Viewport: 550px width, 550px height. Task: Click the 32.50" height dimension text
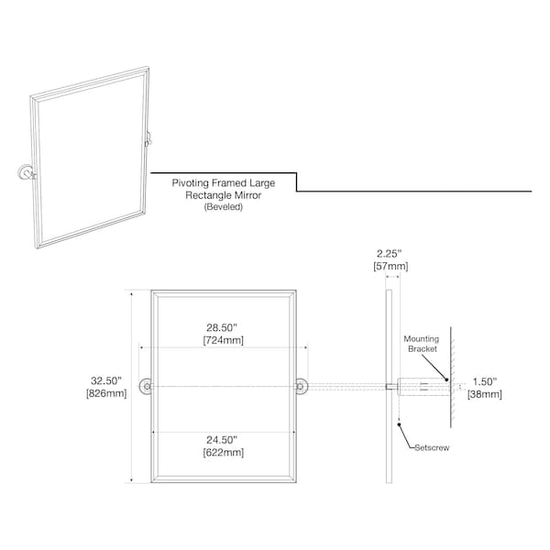coord(106,380)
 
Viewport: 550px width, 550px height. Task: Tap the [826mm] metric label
coord(106,393)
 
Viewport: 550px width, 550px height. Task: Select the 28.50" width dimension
coord(222,327)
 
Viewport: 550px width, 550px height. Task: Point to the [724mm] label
coord(223,340)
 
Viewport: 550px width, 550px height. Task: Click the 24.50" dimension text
coord(222,439)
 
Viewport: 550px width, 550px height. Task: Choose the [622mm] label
coord(223,452)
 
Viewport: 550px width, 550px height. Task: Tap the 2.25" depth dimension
coord(389,253)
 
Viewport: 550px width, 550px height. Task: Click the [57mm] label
coord(390,266)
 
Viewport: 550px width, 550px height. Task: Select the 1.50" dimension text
coord(485,381)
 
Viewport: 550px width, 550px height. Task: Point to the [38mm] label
coord(484,394)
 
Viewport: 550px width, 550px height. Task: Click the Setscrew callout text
coord(432,447)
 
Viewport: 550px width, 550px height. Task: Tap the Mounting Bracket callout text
coord(422,344)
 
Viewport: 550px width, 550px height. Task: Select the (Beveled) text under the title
coord(224,206)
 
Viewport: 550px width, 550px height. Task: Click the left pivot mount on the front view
coord(147,387)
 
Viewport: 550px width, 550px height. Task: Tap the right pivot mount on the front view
coord(301,387)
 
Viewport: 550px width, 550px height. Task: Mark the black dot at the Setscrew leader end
coord(399,424)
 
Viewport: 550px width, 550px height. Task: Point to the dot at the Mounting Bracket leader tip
coord(446,379)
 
